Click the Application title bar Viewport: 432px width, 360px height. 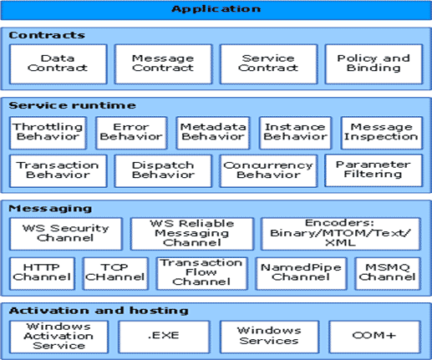[x=216, y=10]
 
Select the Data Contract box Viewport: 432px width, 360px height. [x=58, y=63]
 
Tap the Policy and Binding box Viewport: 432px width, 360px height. [x=374, y=63]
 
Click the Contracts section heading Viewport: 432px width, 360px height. [x=47, y=35]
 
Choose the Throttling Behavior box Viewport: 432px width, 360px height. [x=48, y=133]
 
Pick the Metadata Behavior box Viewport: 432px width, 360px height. [x=213, y=133]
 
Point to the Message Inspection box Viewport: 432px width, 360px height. [x=381, y=133]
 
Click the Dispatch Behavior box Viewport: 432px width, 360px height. [x=163, y=170]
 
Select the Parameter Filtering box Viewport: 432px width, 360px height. [x=374, y=170]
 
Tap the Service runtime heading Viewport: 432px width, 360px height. [x=72, y=105]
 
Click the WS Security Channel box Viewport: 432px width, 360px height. [x=66, y=234]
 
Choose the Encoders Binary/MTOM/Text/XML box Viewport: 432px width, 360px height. [x=340, y=234]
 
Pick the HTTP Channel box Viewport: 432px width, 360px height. [x=42, y=273]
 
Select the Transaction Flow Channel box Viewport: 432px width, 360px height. [x=201, y=273]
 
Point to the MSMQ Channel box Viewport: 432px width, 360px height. [x=388, y=273]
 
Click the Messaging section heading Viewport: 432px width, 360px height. [x=50, y=208]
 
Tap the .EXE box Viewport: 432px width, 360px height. [x=164, y=337]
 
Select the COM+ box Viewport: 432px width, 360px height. [x=374, y=337]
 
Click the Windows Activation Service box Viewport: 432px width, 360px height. [x=58, y=337]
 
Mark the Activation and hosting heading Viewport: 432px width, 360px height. [x=99, y=311]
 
